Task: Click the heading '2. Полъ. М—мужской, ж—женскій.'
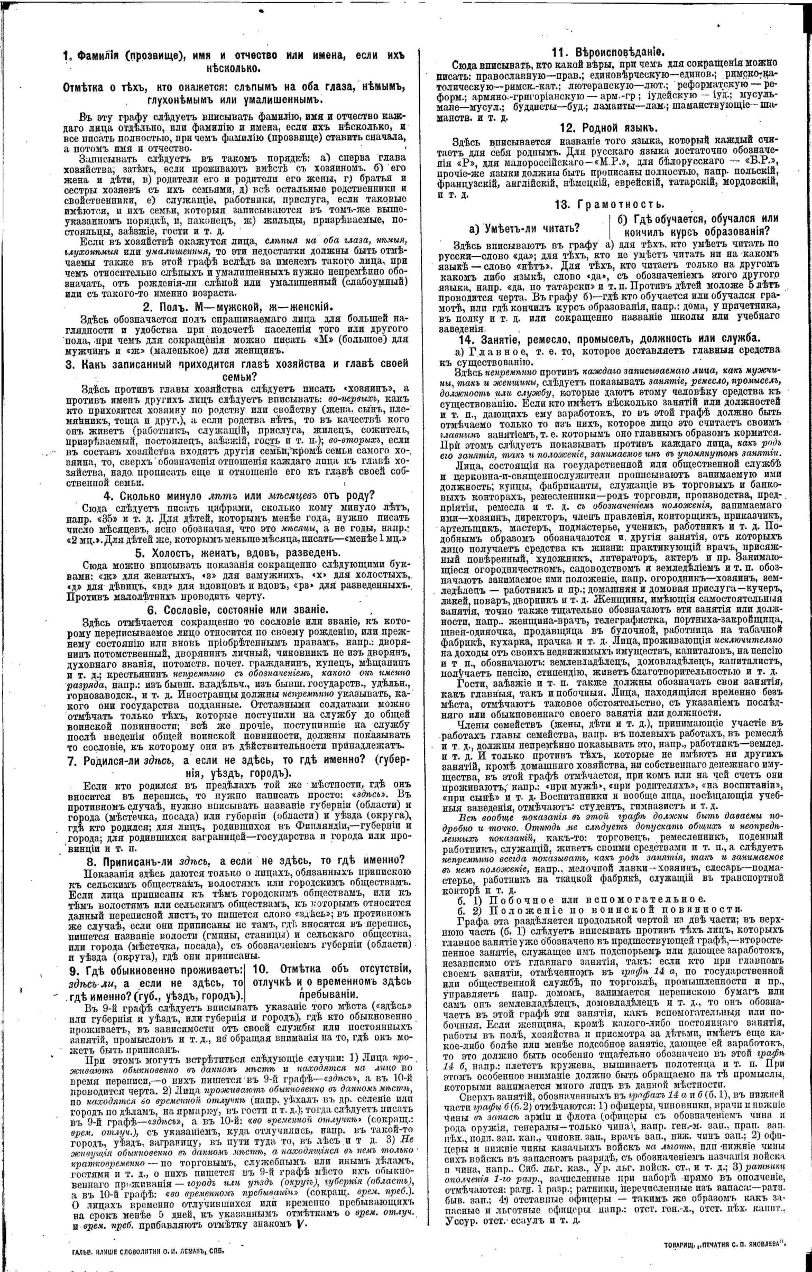237,307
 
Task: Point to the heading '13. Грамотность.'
610,205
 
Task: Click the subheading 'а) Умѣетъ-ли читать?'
524,228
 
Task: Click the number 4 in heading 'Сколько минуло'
107,495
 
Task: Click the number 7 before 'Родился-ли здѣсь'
71,760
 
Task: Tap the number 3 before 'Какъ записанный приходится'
69,365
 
